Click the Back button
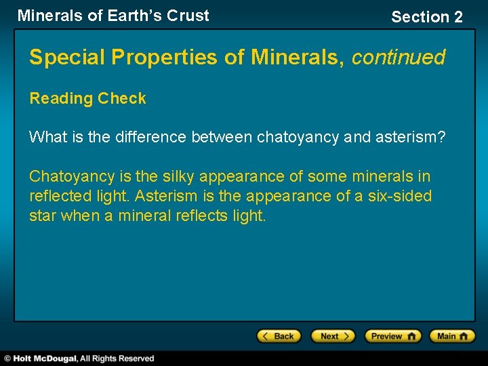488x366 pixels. pyautogui.click(x=279, y=336)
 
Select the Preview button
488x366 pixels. pyautogui.click(x=392, y=336)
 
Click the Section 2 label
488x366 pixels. pyautogui.click(x=426, y=17)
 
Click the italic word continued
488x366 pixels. pyautogui.click(x=399, y=58)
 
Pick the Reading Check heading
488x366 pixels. pyautogui.click(x=87, y=98)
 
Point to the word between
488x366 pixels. pyautogui.click(x=222, y=137)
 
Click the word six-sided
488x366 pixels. pyautogui.click(x=402, y=197)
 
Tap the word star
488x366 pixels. pyautogui.click(x=43, y=217)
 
